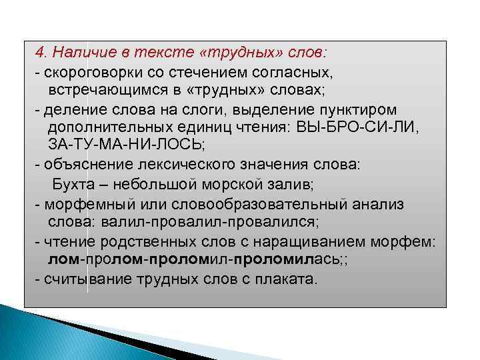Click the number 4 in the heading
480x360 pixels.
[x=40, y=52]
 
